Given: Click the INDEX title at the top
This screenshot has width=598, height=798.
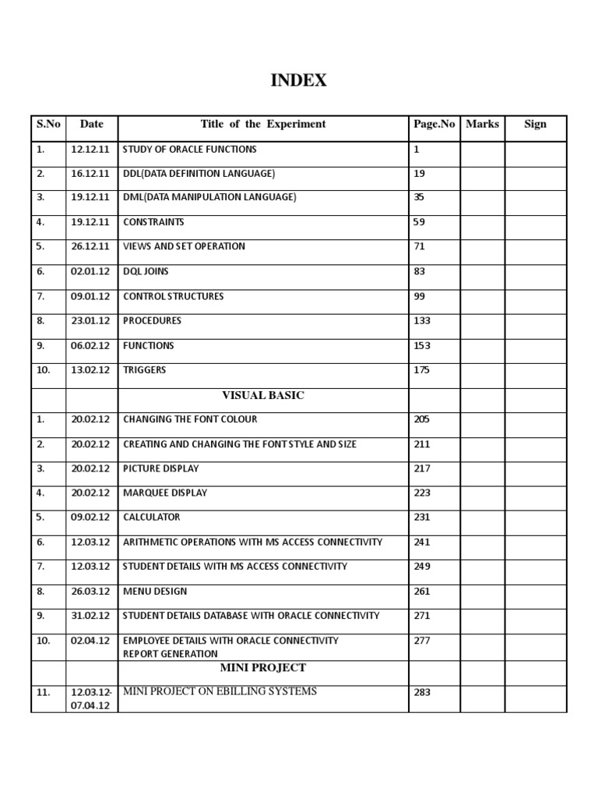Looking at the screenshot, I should [x=298, y=80].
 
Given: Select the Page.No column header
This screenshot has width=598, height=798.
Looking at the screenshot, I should [x=434, y=124].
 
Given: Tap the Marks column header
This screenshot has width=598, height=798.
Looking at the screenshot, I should [x=482, y=124].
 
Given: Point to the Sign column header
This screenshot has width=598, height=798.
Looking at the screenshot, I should [x=535, y=124].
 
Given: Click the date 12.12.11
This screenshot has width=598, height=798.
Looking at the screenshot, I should [x=90, y=149].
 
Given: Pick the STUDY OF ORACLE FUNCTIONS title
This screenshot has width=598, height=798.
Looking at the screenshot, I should [x=189, y=149].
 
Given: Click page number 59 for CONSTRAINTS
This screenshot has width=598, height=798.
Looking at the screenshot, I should [x=419, y=222].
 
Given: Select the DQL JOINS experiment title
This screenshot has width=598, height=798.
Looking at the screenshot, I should [x=146, y=271].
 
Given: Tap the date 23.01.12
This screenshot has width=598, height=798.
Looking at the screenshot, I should [x=90, y=320].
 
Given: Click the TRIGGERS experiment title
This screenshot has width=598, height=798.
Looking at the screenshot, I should [x=144, y=369].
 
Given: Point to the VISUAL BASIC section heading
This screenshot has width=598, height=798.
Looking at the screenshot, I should [x=263, y=395].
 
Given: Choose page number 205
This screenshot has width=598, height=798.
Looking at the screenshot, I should [x=421, y=419].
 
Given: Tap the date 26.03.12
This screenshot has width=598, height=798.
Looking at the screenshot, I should [x=90, y=591].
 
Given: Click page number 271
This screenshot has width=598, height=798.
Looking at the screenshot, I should [x=421, y=615].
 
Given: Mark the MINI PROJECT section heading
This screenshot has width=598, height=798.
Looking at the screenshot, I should [x=263, y=668].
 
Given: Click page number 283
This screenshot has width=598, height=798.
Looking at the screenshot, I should [x=421, y=692].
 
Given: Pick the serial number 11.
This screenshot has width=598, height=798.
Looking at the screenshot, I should [x=43, y=692].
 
